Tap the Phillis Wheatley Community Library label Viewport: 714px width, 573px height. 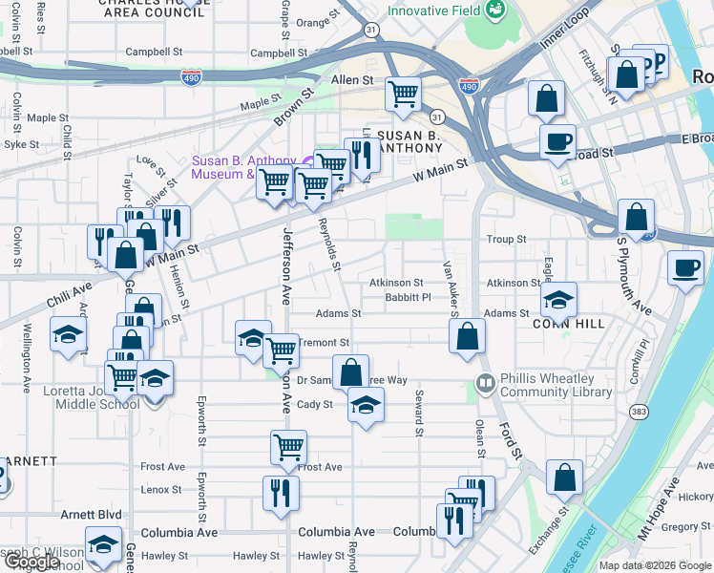[x=547, y=385]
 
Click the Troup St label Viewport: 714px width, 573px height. [x=506, y=240]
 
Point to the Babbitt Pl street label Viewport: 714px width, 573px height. [x=408, y=297]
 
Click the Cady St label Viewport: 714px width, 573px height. [x=314, y=404]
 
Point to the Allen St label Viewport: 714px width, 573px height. [x=351, y=81]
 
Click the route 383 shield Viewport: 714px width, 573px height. [x=638, y=411]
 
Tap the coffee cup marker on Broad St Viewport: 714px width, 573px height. [x=557, y=142]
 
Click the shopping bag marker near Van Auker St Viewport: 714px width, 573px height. [x=467, y=336]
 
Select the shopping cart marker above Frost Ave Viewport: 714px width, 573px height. [x=288, y=445]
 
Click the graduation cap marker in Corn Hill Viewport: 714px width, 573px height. [x=558, y=300]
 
